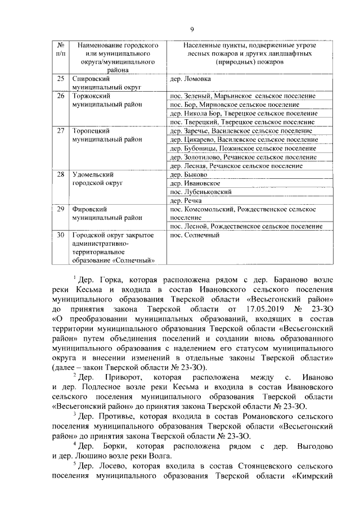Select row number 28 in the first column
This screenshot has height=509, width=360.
61,175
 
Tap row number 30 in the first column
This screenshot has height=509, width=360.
61,235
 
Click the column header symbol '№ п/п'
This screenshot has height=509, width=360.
61,49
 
